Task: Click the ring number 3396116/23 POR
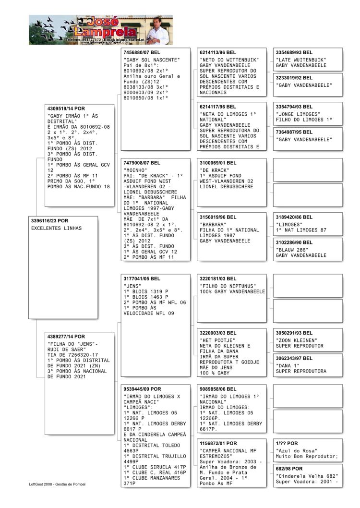click(x=50, y=220)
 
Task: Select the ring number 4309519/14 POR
click(x=66, y=109)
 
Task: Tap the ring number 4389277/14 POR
click(x=66, y=337)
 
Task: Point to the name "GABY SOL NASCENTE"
click(x=151, y=60)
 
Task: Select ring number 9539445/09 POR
click(x=143, y=389)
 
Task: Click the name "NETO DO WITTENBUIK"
click(x=229, y=60)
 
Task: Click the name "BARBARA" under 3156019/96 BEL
click(x=213, y=224)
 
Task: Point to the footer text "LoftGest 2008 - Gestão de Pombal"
click(x=57, y=484)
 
